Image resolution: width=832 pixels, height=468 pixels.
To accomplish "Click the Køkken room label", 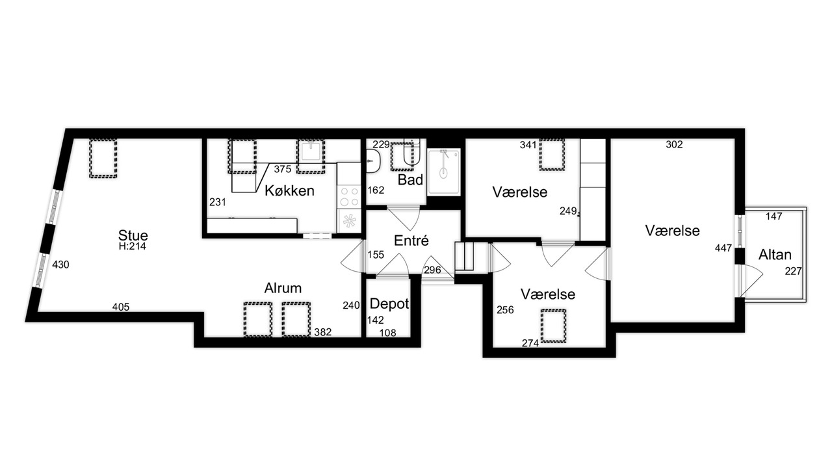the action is (289, 190).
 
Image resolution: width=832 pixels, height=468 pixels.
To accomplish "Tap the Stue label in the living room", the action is (133, 235).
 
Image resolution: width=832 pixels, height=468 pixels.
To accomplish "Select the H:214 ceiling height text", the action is (133, 246).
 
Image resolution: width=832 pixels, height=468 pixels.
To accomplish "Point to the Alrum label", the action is (283, 288).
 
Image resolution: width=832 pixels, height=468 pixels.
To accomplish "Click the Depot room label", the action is (389, 304).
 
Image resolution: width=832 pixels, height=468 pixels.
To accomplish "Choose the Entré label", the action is (411, 240).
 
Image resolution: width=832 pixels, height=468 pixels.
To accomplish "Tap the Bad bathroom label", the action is (410, 180).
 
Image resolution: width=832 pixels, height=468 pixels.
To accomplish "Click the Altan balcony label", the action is (775, 254).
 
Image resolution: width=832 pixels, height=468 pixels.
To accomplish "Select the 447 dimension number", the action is (723, 248).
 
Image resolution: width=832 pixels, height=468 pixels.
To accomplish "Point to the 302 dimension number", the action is (674, 144).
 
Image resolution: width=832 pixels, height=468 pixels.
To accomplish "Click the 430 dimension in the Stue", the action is (60, 265).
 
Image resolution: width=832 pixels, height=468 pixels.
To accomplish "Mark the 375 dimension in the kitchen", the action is (283, 170).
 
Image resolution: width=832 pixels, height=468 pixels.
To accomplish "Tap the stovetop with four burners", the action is (349, 196).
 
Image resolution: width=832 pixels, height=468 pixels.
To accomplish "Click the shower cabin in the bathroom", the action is (444, 172).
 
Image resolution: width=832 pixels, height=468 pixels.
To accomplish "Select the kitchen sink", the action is (311, 152).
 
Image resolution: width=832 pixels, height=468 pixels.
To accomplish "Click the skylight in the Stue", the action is (103, 158).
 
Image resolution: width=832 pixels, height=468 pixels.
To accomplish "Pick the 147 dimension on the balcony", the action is (774, 216).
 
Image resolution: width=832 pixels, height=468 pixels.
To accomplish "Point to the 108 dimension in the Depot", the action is (388, 333).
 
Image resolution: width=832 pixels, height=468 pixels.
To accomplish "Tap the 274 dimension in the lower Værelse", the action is (530, 344).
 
